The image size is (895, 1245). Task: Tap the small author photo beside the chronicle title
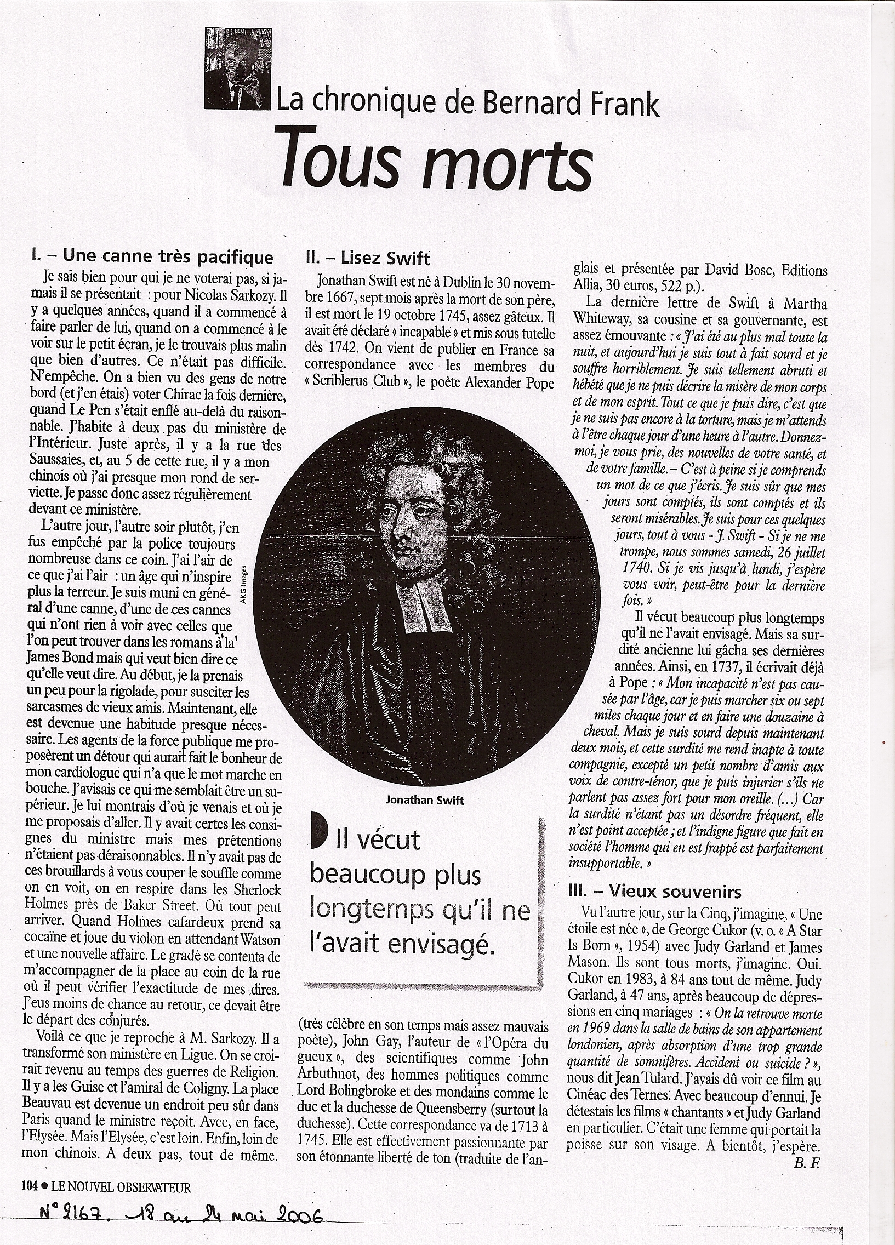[236, 69]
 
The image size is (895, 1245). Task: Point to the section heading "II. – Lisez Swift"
[367, 258]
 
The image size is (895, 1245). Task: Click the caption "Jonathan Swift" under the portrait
[425, 801]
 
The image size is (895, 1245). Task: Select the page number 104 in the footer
[28, 1185]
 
